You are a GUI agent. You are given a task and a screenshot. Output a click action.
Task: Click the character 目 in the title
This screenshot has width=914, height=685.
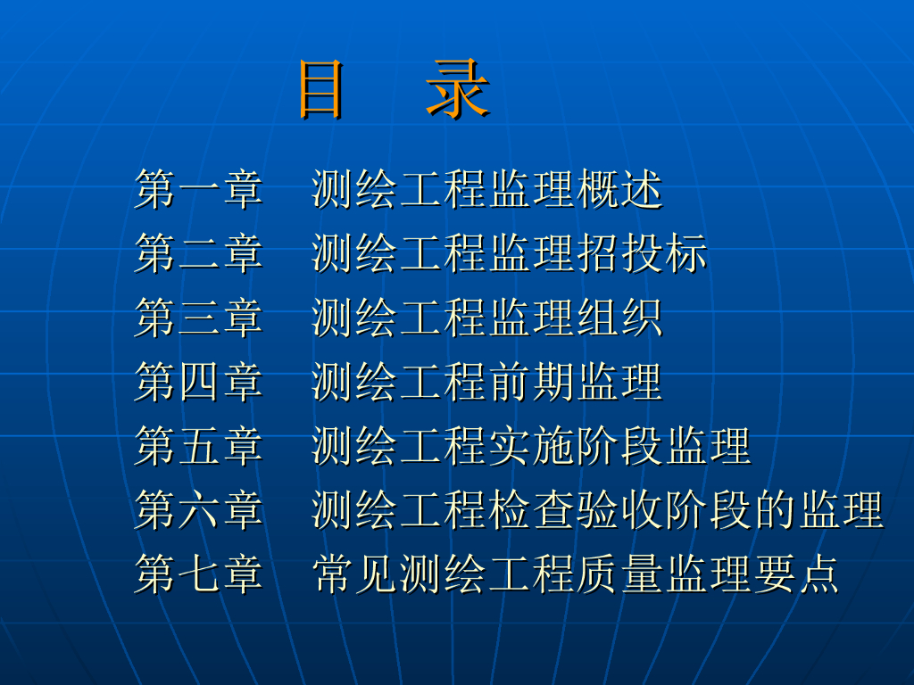click(x=320, y=90)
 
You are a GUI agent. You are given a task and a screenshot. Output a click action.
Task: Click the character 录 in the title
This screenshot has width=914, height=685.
click(x=458, y=89)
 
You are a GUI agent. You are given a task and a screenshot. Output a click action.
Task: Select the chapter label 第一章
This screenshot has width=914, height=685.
click(x=199, y=189)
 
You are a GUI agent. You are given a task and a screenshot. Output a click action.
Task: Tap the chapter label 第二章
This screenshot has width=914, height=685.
click(x=199, y=253)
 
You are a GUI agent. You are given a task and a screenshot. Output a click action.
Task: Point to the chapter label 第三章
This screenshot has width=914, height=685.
click(x=199, y=318)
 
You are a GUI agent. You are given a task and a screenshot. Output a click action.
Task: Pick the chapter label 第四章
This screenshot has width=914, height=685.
click(x=199, y=382)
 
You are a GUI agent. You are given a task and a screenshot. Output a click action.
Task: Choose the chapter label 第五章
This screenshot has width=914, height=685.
click(x=199, y=446)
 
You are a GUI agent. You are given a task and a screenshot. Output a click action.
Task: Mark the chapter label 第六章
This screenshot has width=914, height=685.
click(x=199, y=509)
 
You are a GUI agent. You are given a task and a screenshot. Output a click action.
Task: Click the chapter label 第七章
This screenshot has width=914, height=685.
click(x=199, y=574)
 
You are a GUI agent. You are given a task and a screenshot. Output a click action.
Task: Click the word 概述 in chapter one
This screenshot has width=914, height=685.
click(x=619, y=189)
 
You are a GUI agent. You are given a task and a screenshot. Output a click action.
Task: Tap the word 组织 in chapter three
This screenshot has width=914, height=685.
click(x=619, y=318)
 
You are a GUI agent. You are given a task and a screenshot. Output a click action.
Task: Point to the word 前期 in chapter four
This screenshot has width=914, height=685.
click(x=531, y=382)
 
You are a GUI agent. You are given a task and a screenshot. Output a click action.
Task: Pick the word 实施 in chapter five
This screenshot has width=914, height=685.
click(x=531, y=446)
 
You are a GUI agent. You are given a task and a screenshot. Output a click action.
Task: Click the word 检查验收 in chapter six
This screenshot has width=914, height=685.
click(x=576, y=509)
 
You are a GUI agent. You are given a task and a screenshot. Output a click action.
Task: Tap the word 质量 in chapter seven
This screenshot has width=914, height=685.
click(x=619, y=574)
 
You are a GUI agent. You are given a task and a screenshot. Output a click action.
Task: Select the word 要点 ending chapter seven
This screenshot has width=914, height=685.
click(x=796, y=574)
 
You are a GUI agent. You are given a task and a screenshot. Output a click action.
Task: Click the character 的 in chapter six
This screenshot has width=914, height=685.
click(x=775, y=509)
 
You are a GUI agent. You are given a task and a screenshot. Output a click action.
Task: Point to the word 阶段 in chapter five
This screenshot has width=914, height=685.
click(x=619, y=446)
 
